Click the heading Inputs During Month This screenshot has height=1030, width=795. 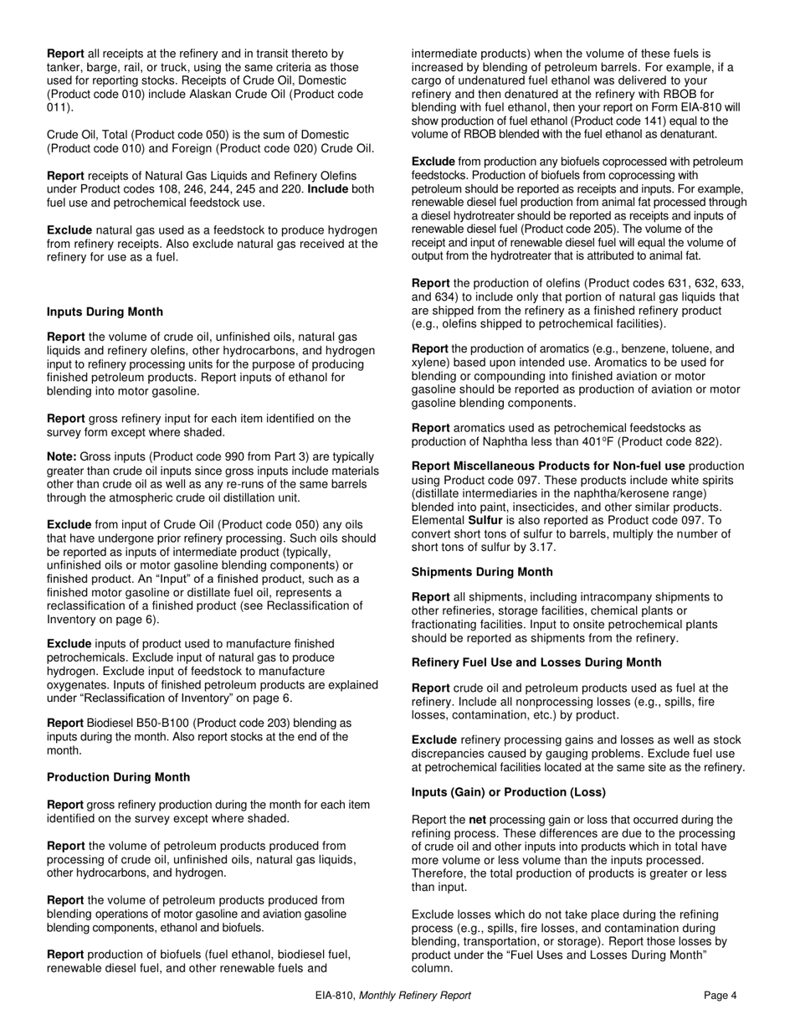pos(105,312)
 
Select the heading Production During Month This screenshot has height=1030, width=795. pos(118,777)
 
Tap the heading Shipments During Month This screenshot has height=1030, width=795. pos(482,572)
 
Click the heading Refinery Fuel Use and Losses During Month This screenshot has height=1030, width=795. pos(536,662)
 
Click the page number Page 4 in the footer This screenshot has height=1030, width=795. pos(720,996)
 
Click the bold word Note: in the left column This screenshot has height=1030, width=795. pos(62,457)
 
